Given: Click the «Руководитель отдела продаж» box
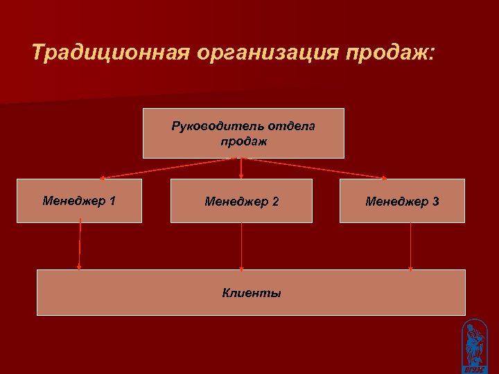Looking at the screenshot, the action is pyautogui.click(x=243, y=134).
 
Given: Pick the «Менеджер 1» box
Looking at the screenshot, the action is pyautogui.click(x=79, y=201).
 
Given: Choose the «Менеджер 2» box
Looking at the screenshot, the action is pyautogui.click(x=241, y=201).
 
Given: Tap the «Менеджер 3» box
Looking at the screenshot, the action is pyautogui.click(x=402, y=201).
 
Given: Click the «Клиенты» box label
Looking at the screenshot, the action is pyautogui.click(x=252, y=293).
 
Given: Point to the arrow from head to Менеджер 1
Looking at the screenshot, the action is pyautogui.click(x=166, y=168).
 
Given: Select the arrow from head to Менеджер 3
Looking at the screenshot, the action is pyautogui.click(x=315, y=168).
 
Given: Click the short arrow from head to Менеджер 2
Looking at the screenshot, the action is pyautogui.click(x=241, y=168).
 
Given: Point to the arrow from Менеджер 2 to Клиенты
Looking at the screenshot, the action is pyautogui.click(x=241, y=246).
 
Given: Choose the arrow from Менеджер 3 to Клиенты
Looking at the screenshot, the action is pyautogui.click(x=411, y=246).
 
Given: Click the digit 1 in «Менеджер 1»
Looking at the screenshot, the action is pyautogui.click(x=112, y=201).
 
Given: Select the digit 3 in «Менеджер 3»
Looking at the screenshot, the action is pyautogui.click(x=435, y=202).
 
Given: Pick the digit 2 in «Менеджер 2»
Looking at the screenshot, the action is pyautogui.click(x=275, y=202).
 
